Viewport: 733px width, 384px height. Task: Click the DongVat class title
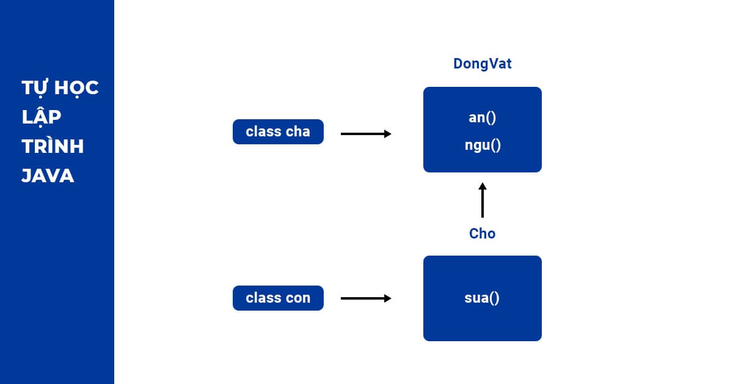tap(482, 64)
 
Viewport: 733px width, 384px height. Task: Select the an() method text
tap(482, 117)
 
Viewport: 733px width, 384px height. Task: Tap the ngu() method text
tap(482, 146)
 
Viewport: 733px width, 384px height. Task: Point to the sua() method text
tap(482, 298)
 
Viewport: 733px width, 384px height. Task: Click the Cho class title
tap(482, 234)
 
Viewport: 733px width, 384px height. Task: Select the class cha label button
tap(278, 132)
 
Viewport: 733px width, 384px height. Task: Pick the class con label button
tap(278, 298)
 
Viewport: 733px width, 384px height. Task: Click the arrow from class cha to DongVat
tap(365, 134)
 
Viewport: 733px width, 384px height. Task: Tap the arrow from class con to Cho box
tap(365, 298)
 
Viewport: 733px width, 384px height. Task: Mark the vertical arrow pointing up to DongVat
tap(482, 200)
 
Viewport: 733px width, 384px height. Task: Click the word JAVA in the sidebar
tap(48, 177)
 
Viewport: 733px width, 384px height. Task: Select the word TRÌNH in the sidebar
tap(53, 147)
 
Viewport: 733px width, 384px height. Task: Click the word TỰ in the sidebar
tap(35, 88)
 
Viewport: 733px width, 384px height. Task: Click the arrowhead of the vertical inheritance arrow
tap(482, 186)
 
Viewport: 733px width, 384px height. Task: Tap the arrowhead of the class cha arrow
tap(387, 134)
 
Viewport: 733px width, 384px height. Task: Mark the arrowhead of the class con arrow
tap(387, 298)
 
